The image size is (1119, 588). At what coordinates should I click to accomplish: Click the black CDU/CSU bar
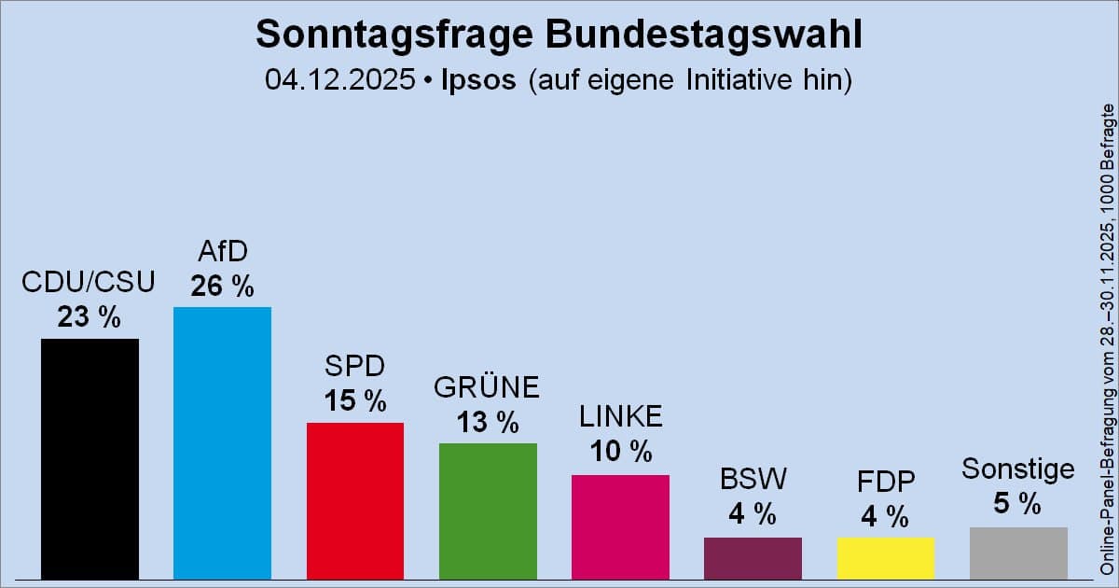point(90,458)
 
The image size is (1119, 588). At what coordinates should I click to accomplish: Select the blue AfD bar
point(222,442)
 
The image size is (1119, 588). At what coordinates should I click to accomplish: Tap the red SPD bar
point(354,500)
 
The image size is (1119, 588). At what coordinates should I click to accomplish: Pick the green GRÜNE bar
point(488,511)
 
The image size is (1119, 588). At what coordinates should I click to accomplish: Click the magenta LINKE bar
point(620,526)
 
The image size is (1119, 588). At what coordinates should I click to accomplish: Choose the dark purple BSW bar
point(753,557)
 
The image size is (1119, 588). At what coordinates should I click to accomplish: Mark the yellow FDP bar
point(885,557)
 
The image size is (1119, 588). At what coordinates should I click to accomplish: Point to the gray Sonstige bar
point(1018,553)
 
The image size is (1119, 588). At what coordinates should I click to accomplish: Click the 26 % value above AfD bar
point(222,287)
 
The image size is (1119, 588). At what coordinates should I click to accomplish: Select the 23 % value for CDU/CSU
point(90,317)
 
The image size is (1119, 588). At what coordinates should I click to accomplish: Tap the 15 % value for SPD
point(354,401)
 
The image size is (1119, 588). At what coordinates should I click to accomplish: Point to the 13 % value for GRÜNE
point(488,422)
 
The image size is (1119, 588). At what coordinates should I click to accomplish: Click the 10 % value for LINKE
point(620,453)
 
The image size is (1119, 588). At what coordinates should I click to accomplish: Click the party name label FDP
point(885,483)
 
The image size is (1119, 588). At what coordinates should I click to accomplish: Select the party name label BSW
point(753,480)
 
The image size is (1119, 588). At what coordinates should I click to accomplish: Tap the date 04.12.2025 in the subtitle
point(339,80)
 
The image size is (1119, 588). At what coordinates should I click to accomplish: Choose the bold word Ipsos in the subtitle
point(477,80)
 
